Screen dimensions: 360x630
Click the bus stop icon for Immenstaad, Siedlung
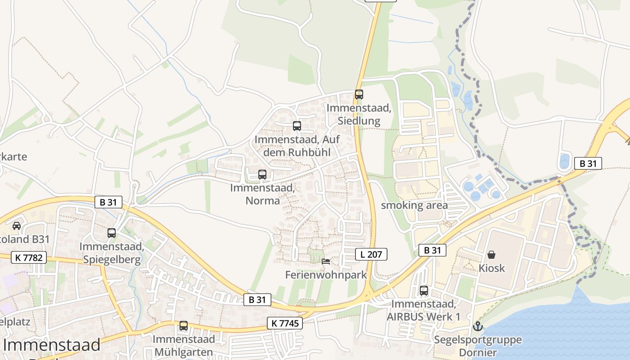(x=359, y=94)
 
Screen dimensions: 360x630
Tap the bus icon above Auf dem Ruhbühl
(x=297, y=126)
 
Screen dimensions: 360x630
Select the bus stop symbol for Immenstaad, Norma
(x=262, y=174)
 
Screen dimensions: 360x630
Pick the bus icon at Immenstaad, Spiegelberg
(x=112, y=233)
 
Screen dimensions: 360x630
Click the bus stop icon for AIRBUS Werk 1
(x=423, y=291)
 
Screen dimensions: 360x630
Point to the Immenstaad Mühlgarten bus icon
(x=183, y=326)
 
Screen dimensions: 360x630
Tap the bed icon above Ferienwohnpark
(x=326, y=261)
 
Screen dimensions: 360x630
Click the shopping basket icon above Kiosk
(x=491, y=255)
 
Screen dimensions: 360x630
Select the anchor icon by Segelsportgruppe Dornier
(x=477, y=326)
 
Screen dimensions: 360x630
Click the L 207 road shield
(x=371, y=254)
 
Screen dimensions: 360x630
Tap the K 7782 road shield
(x=28, y=257)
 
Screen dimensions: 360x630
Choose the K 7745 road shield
(x=285, y=323)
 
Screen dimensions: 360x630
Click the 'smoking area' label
(x=414, y=206)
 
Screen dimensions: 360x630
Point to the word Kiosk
(x=491, y=268)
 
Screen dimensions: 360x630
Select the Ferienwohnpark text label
(x=326, y=274)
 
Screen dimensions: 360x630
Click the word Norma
(x=262, y=200)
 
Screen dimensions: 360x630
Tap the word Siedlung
(x=359, y=121)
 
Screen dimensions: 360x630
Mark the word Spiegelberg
(x=111, y=260)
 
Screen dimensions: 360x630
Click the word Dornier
(x=478, y=352)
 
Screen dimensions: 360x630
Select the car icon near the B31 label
(x=17, y=225)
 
